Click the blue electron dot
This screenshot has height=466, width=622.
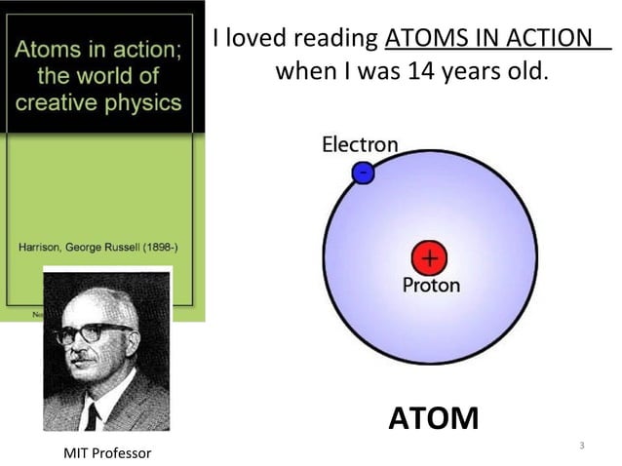(x=362, y=173)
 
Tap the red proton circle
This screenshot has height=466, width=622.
(x=428, y=258)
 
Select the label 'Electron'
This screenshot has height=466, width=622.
(x=360, y=145)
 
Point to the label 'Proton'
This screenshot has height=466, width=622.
(x=431, y=286)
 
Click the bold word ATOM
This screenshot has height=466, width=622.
(x=434, y=418)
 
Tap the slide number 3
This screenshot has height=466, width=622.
(x=581, y=446)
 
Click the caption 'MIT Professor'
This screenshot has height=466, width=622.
(x=108, y=452)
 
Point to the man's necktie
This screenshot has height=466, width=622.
(x=93, y=414)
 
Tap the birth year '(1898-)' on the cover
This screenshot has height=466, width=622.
(x=160, y=247)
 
